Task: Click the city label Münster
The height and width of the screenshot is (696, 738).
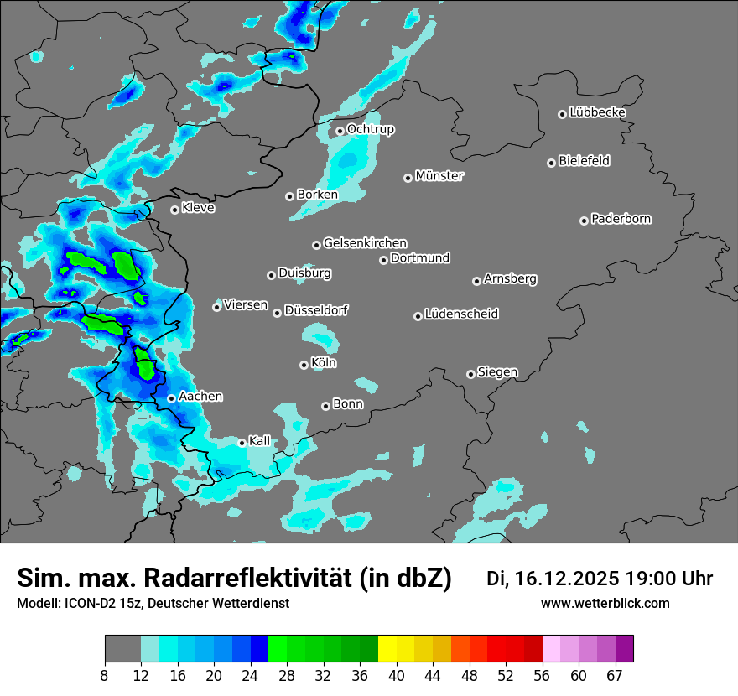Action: tap(439, 176)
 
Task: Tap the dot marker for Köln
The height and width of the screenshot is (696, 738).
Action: tap(304, 365)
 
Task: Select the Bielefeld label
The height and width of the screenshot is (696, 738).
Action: tap(584, 161)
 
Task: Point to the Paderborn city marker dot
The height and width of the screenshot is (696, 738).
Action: tap(584, 221)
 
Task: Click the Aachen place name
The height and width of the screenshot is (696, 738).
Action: tap(200, 397)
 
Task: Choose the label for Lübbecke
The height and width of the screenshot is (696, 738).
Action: tap(597, 112)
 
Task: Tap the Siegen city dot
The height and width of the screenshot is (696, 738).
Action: tap(470, 374)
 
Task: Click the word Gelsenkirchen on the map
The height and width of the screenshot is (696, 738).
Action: tap(365, 243)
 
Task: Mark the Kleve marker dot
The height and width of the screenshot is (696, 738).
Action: tap(174, 210)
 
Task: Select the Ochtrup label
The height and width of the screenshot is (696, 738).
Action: tap(370, 129)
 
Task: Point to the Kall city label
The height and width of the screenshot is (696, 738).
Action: tap(259, 441)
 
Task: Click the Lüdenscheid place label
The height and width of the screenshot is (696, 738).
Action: tap(461, 314)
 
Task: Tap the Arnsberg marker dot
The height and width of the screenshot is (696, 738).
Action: tap(476, 281)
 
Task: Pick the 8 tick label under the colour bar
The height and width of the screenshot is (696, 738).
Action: tap(105, 676)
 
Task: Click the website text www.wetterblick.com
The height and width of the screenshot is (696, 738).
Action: tap(605, 604)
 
